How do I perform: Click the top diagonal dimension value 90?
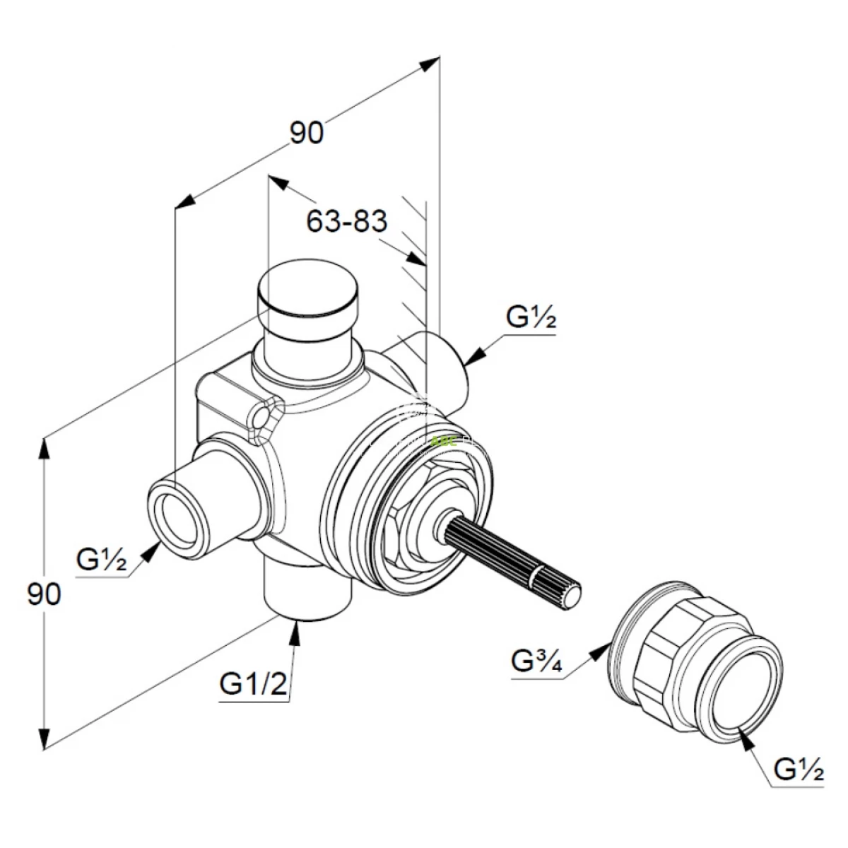pos(307,133)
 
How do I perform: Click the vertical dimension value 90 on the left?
pos(45,594)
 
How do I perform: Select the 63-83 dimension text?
pos(347,222)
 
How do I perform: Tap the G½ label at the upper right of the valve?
pos(531,319)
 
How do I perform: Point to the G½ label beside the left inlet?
pos(101,560)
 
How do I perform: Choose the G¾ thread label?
pos(536,661)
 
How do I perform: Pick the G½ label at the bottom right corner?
pos(799,768)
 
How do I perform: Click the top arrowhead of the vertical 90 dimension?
pos(46,449)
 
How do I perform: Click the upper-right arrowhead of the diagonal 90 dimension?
pos(429,64)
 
